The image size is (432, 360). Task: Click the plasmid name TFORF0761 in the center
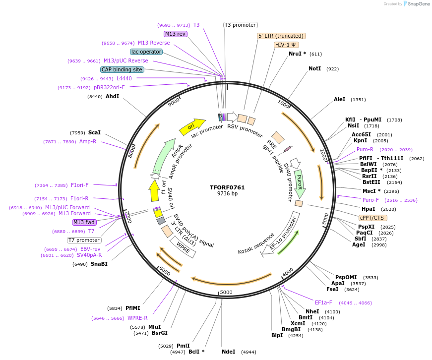tap(228, 187)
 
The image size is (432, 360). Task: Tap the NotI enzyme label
tap(314, 69)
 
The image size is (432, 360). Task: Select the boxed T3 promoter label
tap(240, 25)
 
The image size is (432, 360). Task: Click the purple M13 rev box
tap(176, 34)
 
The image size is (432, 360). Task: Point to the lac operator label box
tap(146, 52)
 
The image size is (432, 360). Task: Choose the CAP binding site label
tap(122, 69)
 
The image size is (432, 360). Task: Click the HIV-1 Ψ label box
tap(287, 45)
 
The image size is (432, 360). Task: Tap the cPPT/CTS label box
tap(372, 218)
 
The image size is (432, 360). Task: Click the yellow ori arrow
tap(192, 127)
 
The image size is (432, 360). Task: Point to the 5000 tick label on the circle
tap(226, 293)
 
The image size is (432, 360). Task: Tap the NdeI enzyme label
tap(228, 352)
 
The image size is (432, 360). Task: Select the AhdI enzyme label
tap(112, 96)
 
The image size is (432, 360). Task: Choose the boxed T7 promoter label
tap(84, 240)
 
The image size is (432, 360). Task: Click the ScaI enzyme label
tap(94, 132)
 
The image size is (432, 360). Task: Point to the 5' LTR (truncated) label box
tap(281, 36)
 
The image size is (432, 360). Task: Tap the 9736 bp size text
tap(228, 194)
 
